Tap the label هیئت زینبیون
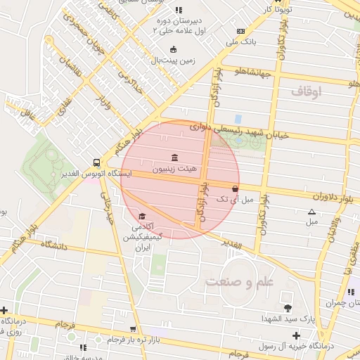[x=173, y=169]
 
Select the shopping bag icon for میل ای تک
[x=235, y=188]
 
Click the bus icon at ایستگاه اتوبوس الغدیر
[x=96, y=162]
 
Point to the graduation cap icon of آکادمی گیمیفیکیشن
[x=142, y=216]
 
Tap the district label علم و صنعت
[x=233, y=282]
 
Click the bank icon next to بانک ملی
[x=240, y=31]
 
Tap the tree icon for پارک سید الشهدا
[x=287, y=308]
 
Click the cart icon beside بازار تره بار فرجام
[x=132, y=329]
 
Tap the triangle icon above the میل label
[x=311, y=212]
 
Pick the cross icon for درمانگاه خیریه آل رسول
[x=296, y=335]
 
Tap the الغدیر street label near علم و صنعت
[x=232, y=245]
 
